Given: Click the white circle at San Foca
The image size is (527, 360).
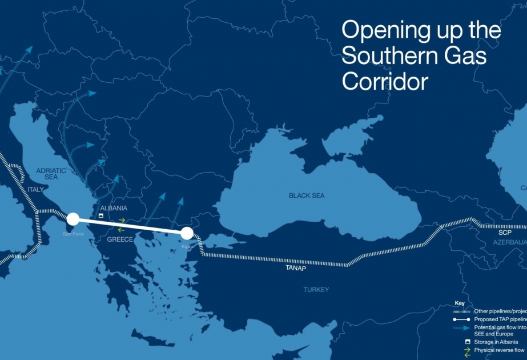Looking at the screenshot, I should (73, 219).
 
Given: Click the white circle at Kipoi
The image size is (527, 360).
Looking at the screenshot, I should (187, 233).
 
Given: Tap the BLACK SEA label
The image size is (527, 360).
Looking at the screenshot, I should (306, 195).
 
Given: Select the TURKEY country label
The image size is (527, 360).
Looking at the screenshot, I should (316, 290).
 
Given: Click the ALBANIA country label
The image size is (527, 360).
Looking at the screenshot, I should (113, 208).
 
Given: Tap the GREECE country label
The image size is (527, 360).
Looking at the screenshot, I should (120, 239).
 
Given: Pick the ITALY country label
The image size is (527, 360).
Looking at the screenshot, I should (35, 189).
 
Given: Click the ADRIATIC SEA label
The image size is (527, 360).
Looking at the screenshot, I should (51, 174).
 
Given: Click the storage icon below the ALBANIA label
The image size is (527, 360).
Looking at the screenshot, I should (101, 217).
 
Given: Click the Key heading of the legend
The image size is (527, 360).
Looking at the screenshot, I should (460, 303).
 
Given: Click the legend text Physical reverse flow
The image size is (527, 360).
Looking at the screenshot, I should (498, 350).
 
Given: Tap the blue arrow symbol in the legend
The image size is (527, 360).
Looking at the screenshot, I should (460, 327).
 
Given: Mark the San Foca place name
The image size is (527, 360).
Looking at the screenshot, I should (73, 233).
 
